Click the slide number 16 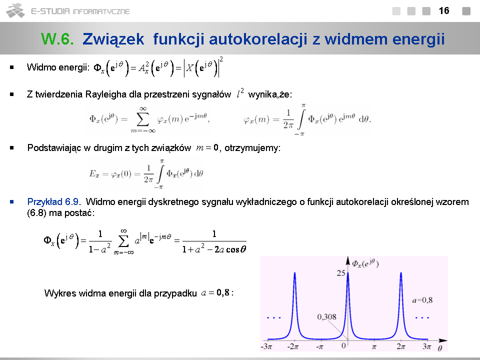coord(444,10)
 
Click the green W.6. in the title coord(57,39)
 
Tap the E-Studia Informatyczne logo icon coord(15,10)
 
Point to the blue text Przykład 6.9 coord(53,202)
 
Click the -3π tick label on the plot coord(266,346)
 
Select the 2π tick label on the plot coord(400,346)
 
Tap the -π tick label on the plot coord(320,346)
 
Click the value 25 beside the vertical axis coord(340,273)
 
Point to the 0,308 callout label coord(326,316)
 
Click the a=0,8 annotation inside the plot coord(422,300)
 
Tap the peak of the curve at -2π coord(295,273)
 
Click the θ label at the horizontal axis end coord(440,348)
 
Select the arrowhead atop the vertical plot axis coord(348,260)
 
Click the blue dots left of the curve coord(274,318)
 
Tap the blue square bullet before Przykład coord(12,201)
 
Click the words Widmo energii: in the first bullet coord(58,67)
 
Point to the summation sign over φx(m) coord(142,119)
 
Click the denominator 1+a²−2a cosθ coord(214,249)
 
